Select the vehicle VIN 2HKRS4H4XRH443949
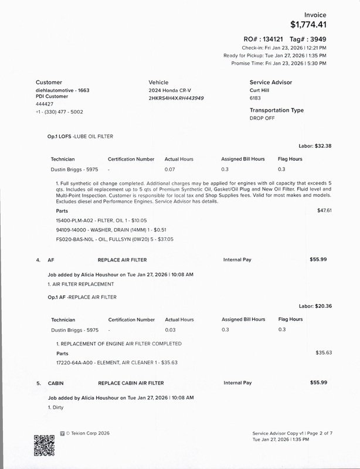pyautogui.click(x=176, y=98)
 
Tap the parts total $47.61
pyautogui.click(x=324, y=210)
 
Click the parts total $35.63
pyautogui.click(x=324, y=353)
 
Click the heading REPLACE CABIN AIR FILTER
pyautogui.click(x=131, y=383)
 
